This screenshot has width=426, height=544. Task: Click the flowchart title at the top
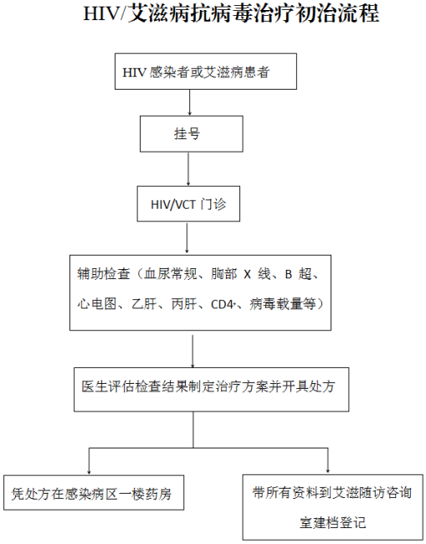(x=231, y=14)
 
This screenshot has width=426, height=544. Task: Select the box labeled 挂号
(x=191, y=134)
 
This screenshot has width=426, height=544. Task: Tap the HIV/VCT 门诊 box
(x=188, y=204)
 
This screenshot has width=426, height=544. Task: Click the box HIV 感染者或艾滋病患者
(x=206, y=71)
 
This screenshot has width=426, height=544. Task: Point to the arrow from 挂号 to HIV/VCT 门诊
(x=188, y=169)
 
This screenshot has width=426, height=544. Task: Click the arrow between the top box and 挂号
(x=189, y=102)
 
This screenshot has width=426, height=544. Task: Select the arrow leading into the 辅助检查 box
(x=187, y=238)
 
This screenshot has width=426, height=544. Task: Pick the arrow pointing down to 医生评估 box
(x=192, y=350)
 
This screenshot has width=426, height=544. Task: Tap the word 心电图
(x=96, y=304)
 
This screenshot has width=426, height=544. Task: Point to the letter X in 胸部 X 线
(x=247, y=275)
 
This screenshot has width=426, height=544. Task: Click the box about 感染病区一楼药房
(x=94, y=493)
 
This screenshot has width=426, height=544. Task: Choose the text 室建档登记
(x=332, y=522)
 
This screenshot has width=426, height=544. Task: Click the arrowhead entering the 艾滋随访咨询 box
(x=327, y=471)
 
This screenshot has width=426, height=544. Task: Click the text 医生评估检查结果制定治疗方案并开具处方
(x=208, y=386)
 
